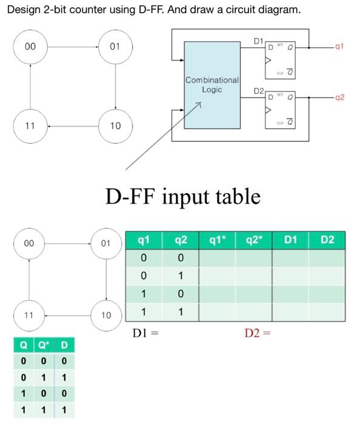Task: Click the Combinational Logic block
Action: coord(212,85)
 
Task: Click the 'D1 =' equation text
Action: coord(145,333)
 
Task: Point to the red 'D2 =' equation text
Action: coord(257,333)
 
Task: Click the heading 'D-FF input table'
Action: coord(182,196)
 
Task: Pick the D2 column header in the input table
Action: coord(327,240)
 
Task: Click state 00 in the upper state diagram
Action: coord(30,47)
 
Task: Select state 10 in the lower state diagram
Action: coord(107,316)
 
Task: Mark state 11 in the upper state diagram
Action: coord(30,125)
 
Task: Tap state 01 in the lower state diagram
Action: coord(107,243)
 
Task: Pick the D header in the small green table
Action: coord(64,346)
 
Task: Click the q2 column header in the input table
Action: coord(181,240)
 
